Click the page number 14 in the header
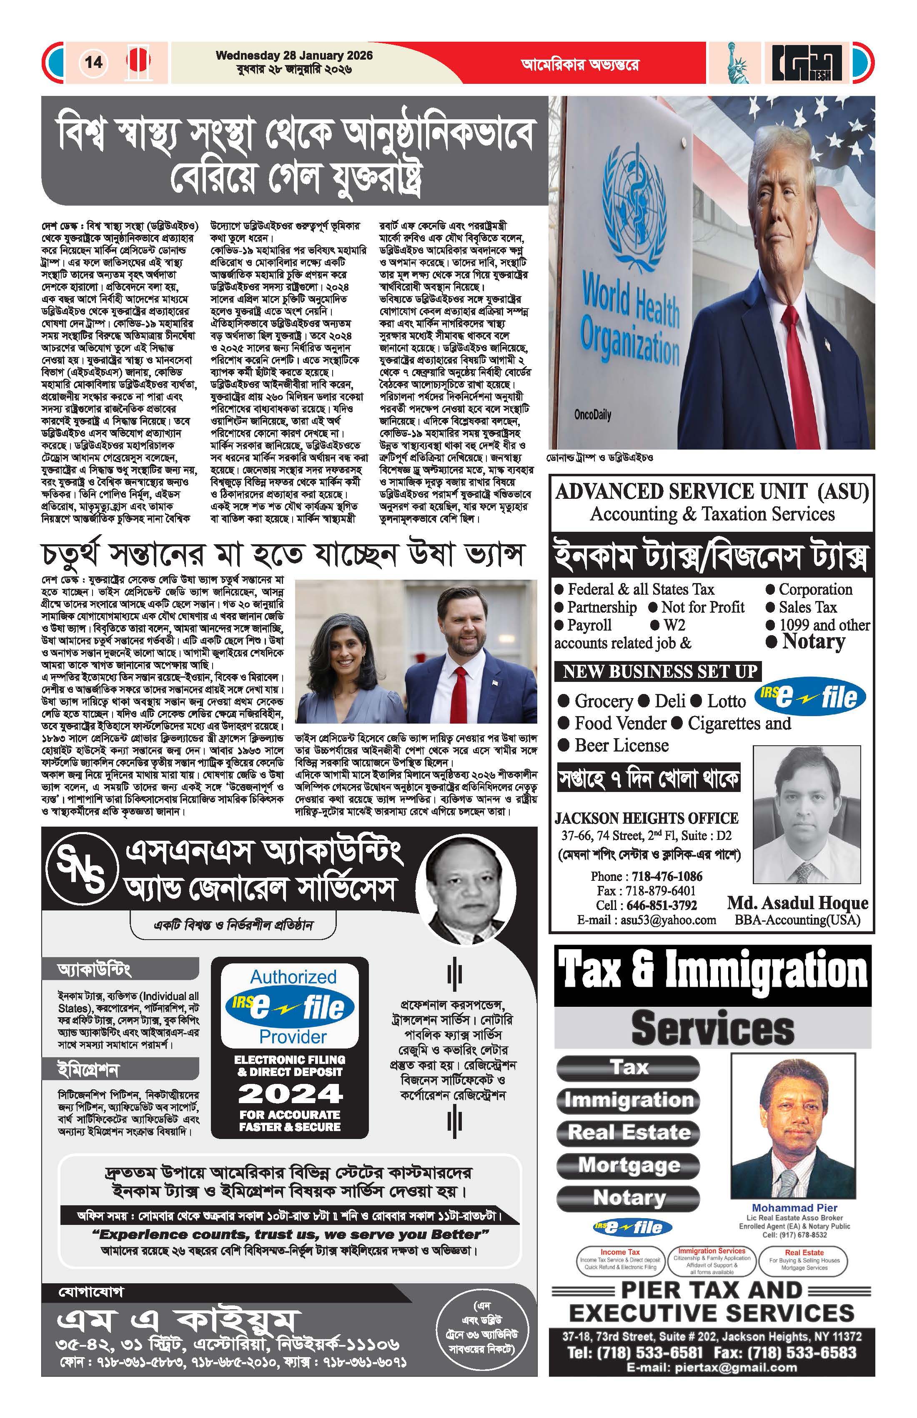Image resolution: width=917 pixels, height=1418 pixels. tap(93, 62)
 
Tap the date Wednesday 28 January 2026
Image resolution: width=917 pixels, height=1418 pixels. tap(294, 55)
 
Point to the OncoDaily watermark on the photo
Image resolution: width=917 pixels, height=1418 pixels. tap(592, 415)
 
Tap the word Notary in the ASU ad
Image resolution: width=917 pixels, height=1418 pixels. tap(813, 642)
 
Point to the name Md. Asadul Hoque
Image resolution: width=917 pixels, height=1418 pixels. tap(797, 903)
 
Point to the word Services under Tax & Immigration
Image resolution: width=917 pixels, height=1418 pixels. tap(712, 1028)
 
